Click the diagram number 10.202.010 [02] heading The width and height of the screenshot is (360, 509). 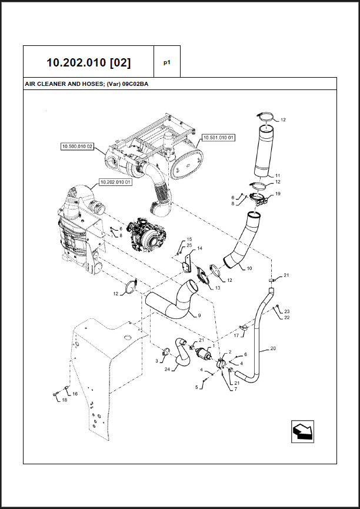(x=89, y=62)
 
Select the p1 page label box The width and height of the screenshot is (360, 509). (x=166, y=62)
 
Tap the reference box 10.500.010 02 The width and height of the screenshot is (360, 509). (x=77, y=146)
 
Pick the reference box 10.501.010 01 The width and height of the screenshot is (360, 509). (x=218, y=137)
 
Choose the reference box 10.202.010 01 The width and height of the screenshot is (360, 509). (x=115, y=182)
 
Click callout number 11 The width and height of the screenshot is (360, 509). (x=278, y=175)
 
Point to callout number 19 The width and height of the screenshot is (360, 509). (x=278, y=194)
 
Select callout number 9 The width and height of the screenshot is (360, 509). (x=199, y=316)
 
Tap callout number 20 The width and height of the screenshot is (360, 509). (x=272, y=348)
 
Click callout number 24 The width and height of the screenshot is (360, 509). (x=167, y=370)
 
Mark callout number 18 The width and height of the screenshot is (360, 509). (x=64, y=400)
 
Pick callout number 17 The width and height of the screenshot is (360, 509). (x=236, y=336)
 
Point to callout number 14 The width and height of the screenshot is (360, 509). (x=199, y=248)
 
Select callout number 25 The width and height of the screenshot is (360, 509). (x=189, y=245)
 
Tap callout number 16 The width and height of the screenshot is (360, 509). (x=75, y=394)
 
